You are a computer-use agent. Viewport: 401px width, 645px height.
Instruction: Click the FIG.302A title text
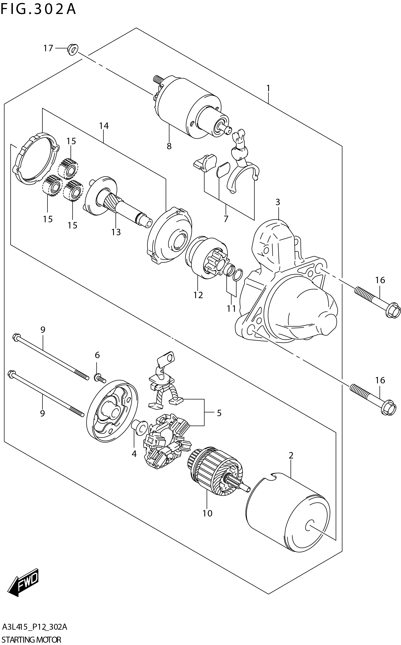click(x=38, y=9)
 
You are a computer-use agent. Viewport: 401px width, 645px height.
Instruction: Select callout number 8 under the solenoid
click(x=169, y=146)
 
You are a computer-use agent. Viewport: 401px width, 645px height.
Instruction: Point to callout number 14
click(x=104, y=126)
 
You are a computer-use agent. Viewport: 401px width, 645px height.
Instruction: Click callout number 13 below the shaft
click(x=116, y=232)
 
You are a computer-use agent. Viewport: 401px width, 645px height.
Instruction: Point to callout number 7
click(x=226, y=219)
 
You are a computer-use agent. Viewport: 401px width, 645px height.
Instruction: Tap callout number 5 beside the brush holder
click(x=219, y=413)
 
